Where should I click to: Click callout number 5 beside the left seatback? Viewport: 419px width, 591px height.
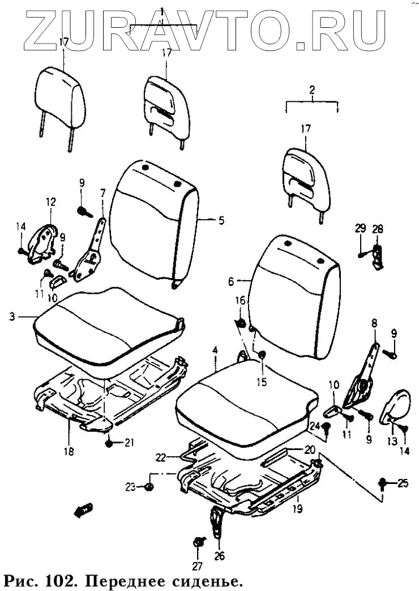[x=221, y=220]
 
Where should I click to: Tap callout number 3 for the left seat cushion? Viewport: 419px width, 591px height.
[x=12, y=317]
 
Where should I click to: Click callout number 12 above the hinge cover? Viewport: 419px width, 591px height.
[x=50, y=202]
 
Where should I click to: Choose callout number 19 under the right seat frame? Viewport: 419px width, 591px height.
[x=297, y=509]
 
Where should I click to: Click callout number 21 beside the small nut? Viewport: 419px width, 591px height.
[x=130, y=443]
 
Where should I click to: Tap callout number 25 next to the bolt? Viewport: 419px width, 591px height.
[x=402, y=483]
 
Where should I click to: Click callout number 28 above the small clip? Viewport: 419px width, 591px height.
[x=377, y=229]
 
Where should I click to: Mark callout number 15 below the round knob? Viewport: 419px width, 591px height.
[x=261, y=382]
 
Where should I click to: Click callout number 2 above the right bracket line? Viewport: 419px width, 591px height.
[x=311, y=89]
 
